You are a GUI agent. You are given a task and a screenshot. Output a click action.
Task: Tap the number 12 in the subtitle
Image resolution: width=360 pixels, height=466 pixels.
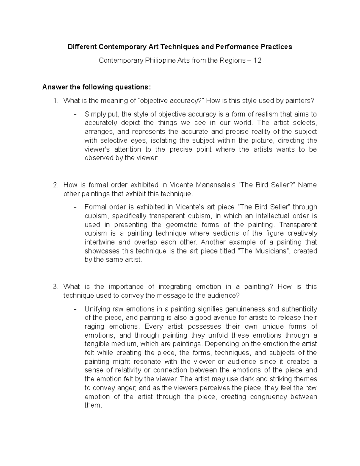(257, 60)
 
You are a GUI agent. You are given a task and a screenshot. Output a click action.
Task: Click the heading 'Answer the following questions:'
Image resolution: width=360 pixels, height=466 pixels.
(95, 87)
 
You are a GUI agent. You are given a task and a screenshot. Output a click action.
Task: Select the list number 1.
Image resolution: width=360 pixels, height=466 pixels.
(55, 101)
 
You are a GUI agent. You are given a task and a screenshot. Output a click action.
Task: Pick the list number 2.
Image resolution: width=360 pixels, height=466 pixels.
(55, 185)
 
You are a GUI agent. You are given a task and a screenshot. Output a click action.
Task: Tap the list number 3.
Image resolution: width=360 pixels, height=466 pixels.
(55, 287)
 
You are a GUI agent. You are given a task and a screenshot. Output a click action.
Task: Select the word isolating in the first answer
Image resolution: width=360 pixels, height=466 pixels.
(163, 140)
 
